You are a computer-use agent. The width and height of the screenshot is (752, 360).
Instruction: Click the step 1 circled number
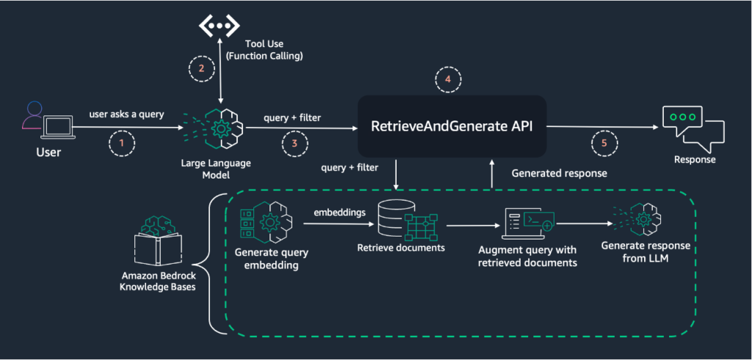coord(121,143)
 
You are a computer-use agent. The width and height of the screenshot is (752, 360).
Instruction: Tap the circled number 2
coord(202,68)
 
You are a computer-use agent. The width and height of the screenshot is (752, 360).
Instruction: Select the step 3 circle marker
coord(294,143)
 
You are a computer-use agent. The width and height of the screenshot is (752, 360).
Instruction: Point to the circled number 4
coord(448,79)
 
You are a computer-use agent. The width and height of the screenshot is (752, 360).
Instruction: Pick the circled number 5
coord(604,143)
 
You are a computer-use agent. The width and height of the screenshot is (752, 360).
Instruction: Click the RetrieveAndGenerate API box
coord(452,126)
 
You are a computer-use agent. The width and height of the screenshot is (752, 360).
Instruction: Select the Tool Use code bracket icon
coord(219,26)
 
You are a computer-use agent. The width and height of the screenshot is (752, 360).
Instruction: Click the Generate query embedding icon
coord(267,222)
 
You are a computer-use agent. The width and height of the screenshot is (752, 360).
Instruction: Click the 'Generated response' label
coord(559,173)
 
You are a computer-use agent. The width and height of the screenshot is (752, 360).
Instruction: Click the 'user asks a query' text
coord(126,115)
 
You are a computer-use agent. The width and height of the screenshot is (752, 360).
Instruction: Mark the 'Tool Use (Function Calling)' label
coord(264,49)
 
